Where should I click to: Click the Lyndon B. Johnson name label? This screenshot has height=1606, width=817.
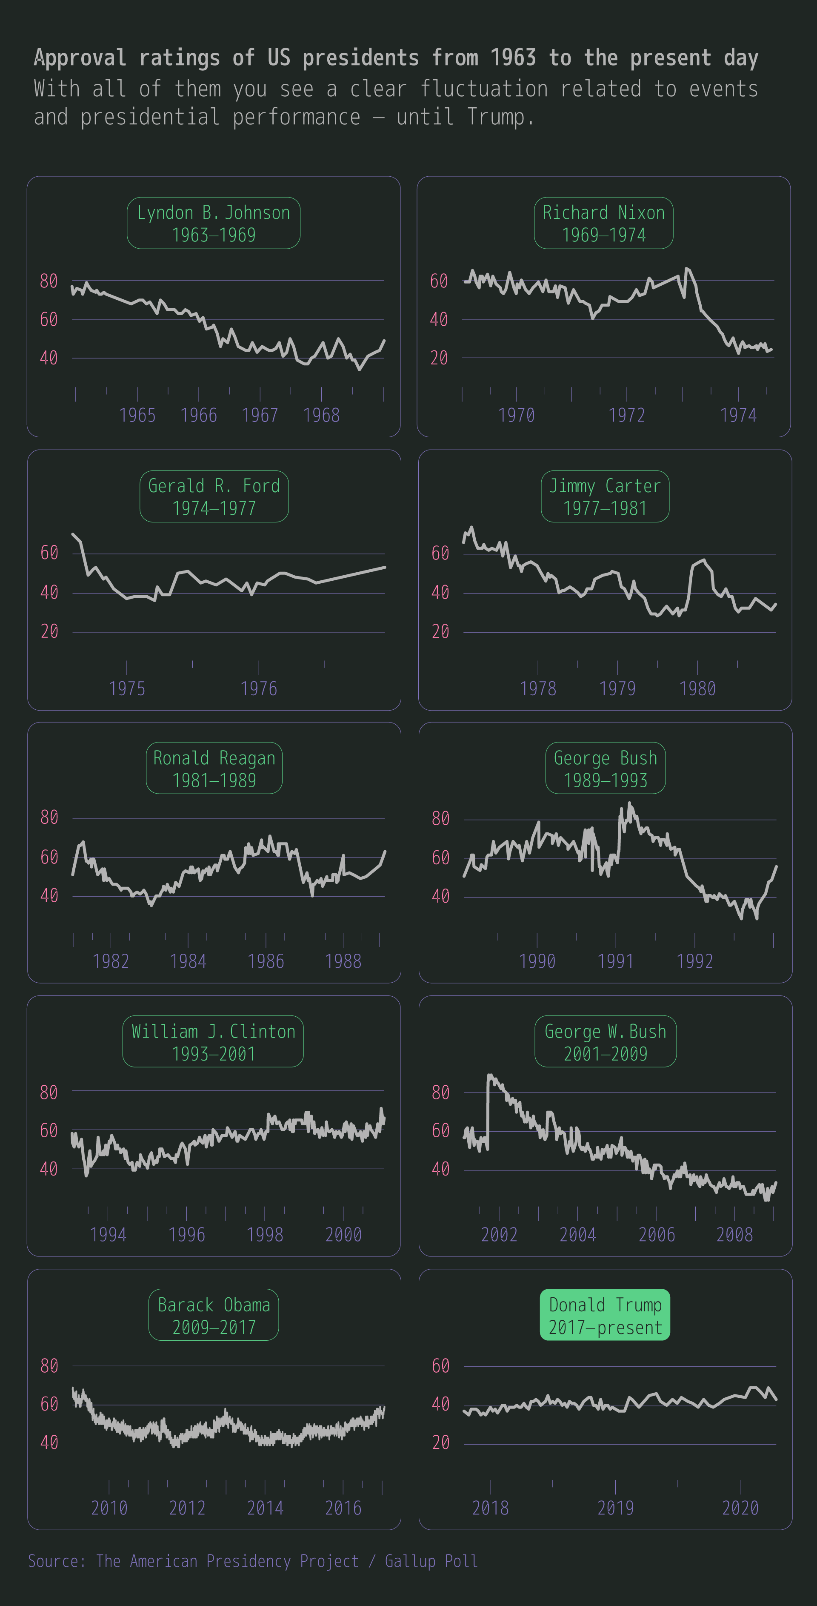(213, 223)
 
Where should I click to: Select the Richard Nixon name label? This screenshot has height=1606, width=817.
(603, 223)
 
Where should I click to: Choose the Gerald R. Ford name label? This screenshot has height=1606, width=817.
(214, 496)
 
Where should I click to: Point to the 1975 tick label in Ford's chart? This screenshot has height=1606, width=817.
(126, 688)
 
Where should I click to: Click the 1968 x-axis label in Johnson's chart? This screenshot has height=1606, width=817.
(321, 415)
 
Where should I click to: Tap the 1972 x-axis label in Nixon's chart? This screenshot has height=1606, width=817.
(626, 415)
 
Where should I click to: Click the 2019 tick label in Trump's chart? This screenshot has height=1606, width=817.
(615, 1508)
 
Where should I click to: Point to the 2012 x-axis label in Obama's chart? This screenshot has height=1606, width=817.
(187, 1508)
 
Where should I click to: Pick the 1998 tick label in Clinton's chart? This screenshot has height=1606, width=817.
(265, 1234)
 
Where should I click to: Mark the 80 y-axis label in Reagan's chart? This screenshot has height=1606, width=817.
(49, 817)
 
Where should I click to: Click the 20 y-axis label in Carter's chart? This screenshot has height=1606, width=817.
(440, 631)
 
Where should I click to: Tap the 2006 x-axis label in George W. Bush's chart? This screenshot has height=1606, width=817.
(656, 1234)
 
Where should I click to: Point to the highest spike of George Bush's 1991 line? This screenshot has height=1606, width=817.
(629, 804)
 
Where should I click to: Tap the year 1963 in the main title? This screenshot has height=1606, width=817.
(512, 58)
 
